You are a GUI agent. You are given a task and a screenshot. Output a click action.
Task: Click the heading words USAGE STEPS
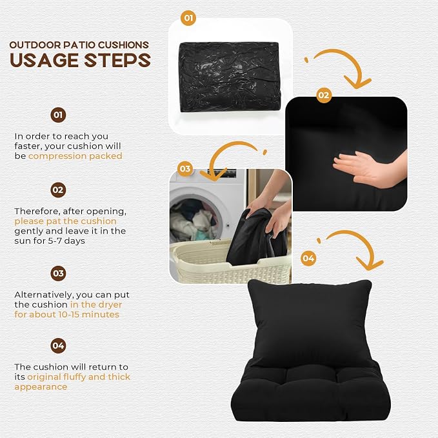click(x=80, y=60)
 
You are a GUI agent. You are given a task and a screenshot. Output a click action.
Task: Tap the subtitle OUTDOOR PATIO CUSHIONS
click(x=79, y=45)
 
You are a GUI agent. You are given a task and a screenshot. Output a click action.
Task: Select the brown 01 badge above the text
click(x=58, y=115)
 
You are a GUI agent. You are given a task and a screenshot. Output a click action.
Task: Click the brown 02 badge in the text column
click(x=58, y=190)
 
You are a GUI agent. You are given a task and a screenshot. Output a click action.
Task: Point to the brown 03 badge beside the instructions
click(x=58, y=274)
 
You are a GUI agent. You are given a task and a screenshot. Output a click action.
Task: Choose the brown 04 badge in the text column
click(x=58, y=346)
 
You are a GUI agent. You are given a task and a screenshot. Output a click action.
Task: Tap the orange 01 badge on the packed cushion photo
click(x=188, y=18)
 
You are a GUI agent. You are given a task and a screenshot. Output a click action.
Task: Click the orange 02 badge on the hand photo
click(x=324, y=95)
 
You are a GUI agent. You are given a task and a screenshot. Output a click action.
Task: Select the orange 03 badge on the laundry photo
click(x=185, y=169)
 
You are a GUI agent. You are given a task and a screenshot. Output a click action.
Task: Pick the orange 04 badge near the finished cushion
click(x=308, y=258)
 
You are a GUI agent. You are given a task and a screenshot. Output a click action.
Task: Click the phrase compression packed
click(x=75, y=156)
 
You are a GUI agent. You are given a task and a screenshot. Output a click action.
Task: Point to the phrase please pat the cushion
click(x=65, y=221)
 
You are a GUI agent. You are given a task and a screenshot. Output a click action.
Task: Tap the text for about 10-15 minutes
click(x=66, y=314)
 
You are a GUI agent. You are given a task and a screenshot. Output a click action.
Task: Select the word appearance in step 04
click(x=41, y=387)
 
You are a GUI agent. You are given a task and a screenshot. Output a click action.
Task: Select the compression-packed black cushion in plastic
click(x=229, y=77)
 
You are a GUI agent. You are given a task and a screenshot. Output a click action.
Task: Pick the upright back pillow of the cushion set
click(x=310, y=324)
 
